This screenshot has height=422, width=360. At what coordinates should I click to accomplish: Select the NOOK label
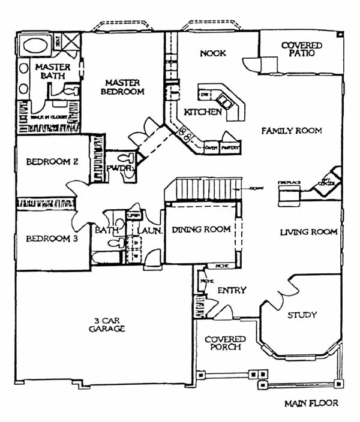pos(213,53)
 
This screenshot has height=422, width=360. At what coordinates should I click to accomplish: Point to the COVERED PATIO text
pos(302,49)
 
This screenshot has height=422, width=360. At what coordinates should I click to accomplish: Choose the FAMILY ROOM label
pos(292,130)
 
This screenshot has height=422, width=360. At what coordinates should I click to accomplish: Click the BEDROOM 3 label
pos(44,239)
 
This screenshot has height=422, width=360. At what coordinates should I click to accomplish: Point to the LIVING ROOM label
pos(308,231)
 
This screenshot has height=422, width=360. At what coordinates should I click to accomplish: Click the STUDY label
pos(302,315)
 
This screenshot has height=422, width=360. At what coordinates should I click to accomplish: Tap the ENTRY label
pos(232,291)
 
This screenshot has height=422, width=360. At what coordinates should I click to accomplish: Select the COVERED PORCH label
pos(223,343)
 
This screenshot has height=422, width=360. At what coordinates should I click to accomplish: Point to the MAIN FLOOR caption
pos(311,403)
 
